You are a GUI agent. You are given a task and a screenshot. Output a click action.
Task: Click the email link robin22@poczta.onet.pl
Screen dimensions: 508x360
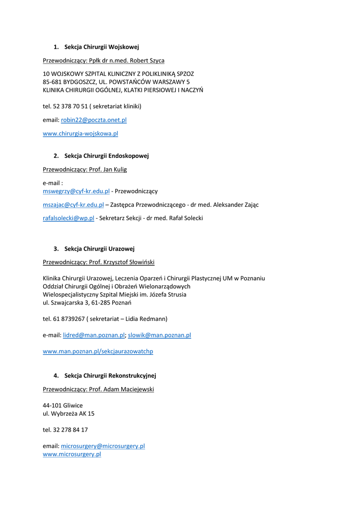[x=93, y=120]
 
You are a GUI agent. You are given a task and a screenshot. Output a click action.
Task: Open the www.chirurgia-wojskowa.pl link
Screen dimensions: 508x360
[x=80, y=133]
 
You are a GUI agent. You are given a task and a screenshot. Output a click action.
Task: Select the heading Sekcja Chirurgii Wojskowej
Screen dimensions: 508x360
[x=101, y=47]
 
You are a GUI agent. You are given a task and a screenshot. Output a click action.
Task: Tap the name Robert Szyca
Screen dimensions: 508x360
[x=147, y=61]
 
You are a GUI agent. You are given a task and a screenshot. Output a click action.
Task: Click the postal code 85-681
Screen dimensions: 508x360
[x=52, y=82]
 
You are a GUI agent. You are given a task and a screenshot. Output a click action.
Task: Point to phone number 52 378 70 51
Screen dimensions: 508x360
[x=70, y=106]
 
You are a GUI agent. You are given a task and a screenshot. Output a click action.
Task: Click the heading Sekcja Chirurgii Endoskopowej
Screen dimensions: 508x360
[x=106, y=156]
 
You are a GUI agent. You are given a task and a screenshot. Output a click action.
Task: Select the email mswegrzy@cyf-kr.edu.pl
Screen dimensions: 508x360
[x=76, y=191]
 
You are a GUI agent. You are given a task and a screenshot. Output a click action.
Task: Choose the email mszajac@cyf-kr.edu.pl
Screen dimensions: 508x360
[x=73, y=204]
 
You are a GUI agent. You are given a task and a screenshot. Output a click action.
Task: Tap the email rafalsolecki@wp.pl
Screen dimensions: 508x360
[x=69, y=218]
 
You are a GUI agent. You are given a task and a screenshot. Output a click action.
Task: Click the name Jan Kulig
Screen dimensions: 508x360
[x=115, y=170]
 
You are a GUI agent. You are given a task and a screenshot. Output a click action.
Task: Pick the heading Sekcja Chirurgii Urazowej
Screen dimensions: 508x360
[x=99, y=249]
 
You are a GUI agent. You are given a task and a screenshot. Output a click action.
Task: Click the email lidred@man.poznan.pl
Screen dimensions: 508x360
[x=94, y=335]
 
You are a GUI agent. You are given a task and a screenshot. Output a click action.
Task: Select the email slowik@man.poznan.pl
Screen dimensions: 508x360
[x=159, y=335]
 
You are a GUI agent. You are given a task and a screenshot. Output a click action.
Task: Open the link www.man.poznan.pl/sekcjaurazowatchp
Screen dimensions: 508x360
[x=98, y=351]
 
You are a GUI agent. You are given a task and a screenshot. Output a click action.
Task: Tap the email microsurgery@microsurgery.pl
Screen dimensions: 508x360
[x=103, y=446]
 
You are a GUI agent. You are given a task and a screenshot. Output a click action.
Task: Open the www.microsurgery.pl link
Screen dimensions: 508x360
[x=72, y=454]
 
